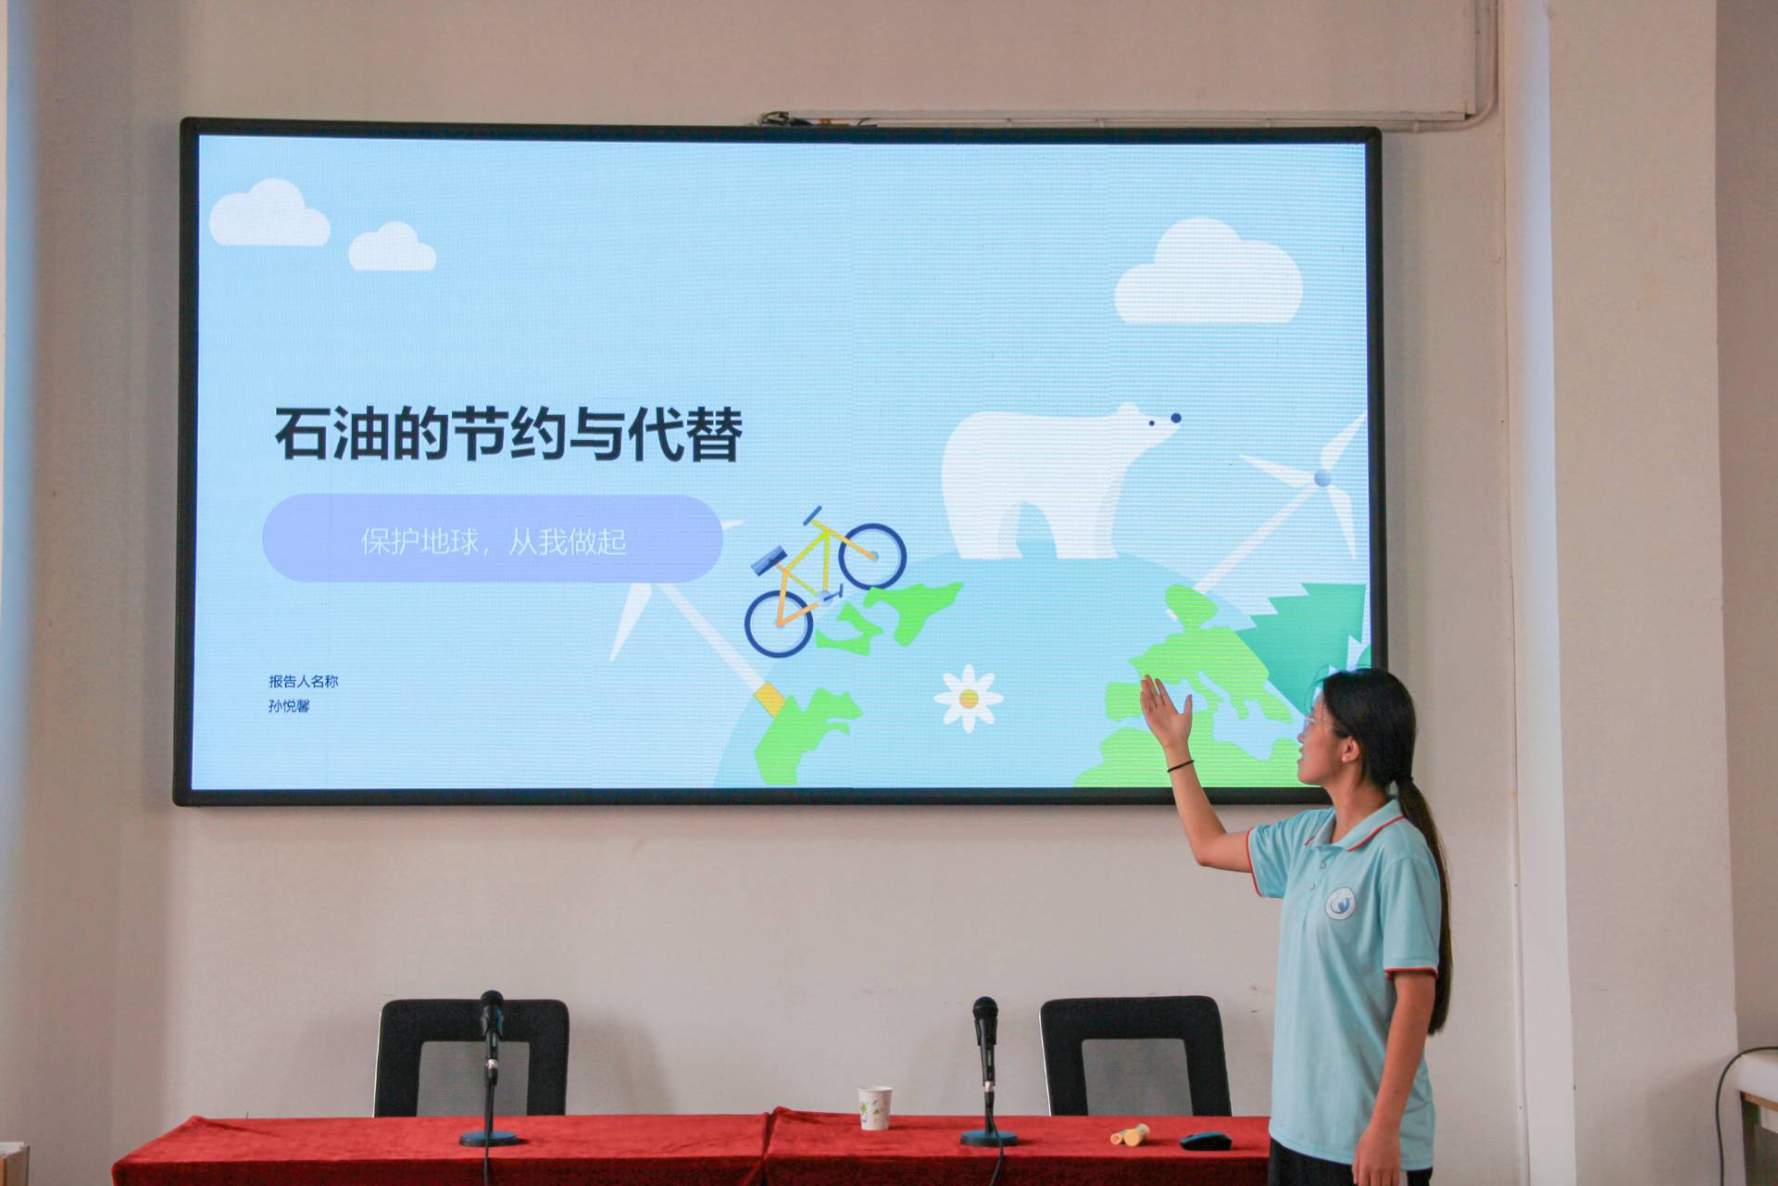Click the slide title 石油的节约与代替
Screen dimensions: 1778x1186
point(508,433)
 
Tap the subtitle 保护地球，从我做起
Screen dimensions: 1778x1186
point(494,540)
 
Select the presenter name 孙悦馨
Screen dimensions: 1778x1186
point(289,706)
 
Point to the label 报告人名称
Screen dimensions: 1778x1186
point(304,681)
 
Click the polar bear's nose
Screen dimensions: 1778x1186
point(1175,418)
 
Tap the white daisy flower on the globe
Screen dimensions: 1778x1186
point(968,698)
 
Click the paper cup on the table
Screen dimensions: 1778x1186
point(874,1107)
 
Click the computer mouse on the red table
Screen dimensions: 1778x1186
point(1204,1139)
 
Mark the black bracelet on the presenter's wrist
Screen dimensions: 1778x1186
point(1180,765)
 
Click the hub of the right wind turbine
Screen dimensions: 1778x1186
point(1321,478)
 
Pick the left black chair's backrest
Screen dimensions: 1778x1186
point(471,1056)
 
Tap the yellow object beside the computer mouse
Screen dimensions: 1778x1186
point(1130,1134)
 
